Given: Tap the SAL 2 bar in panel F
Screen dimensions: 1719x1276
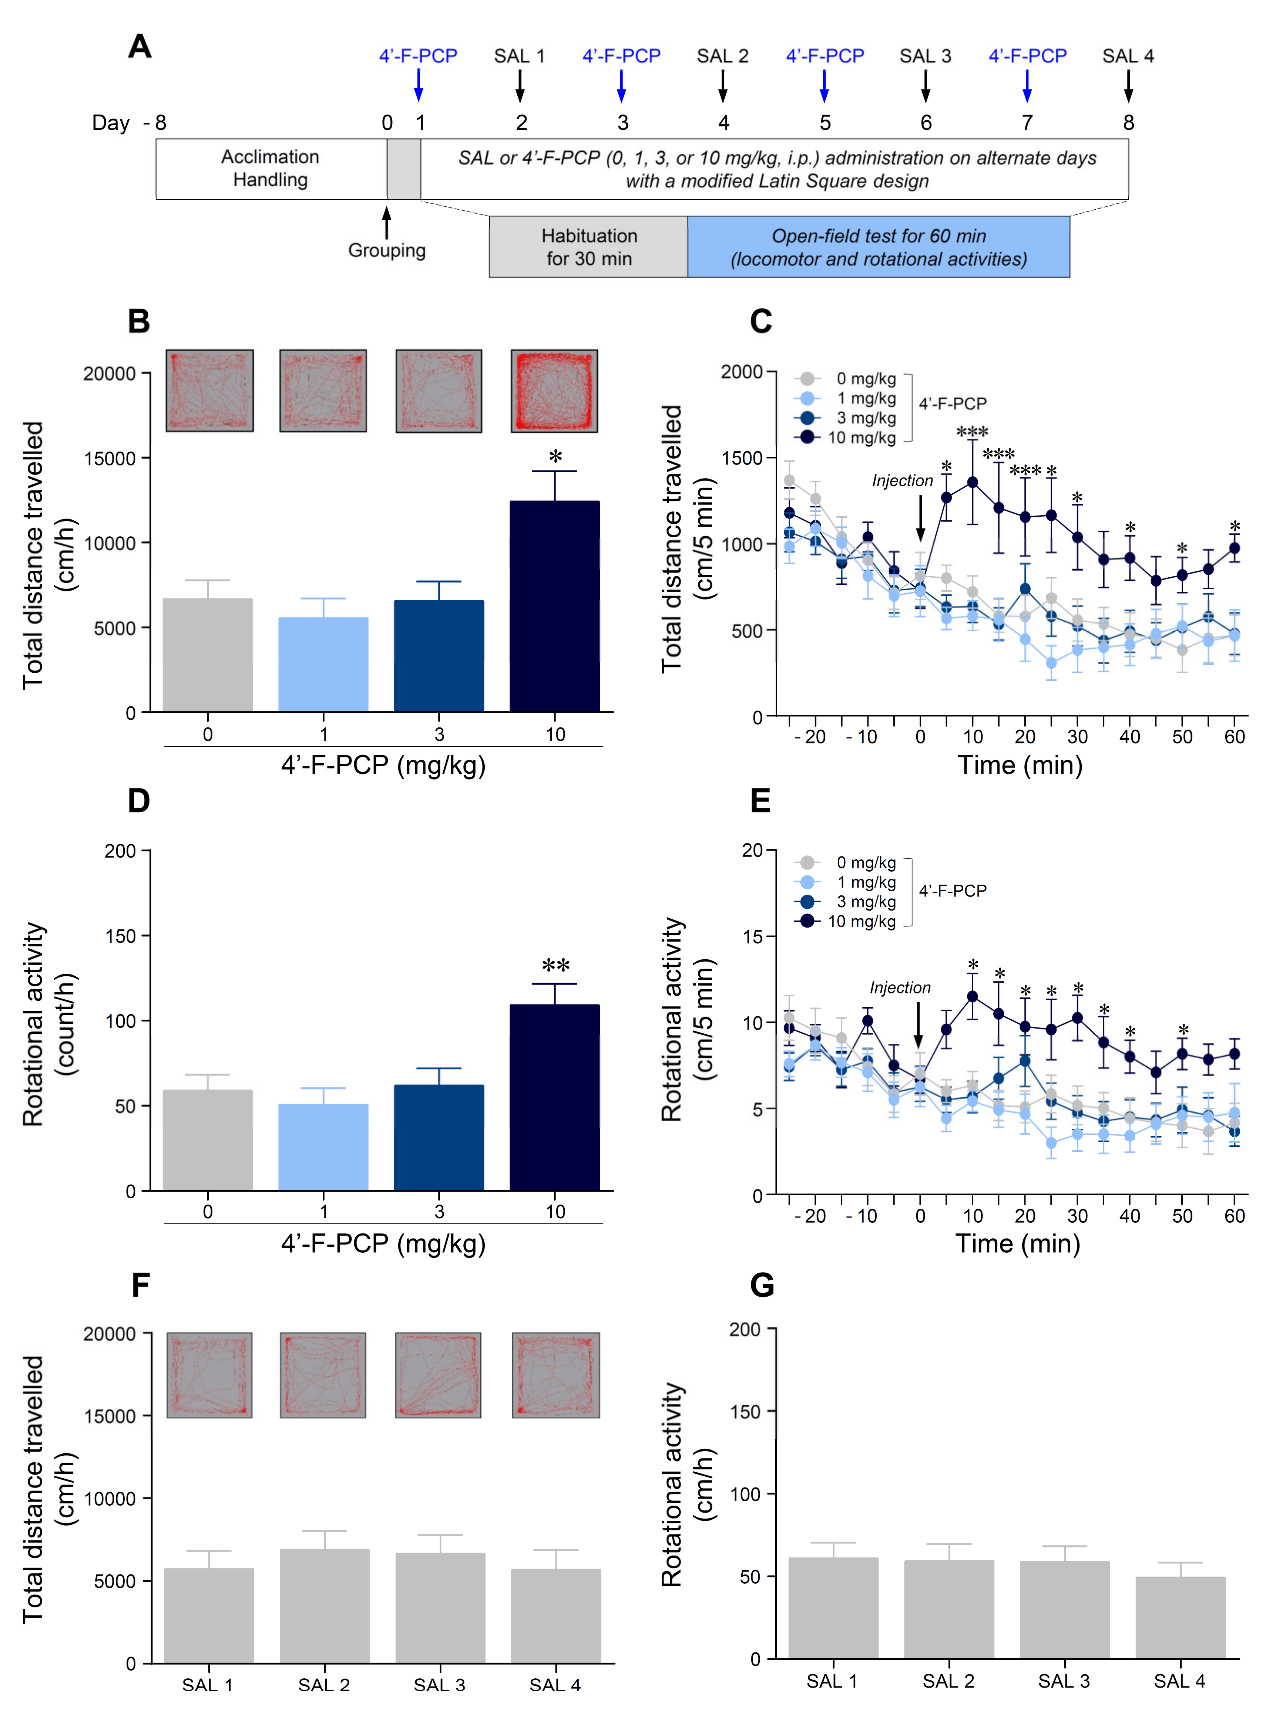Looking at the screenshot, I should coord(325,1605).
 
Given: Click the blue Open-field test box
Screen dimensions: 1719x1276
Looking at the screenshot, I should coord(878,247).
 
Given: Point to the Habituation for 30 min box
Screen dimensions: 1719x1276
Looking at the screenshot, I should coord(588,247).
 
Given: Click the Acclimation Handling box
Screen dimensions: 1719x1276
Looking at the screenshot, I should coord(271,168).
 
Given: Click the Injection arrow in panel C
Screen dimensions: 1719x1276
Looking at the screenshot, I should coord(920,519).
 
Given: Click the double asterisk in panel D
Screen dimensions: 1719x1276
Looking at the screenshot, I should coord(555,966).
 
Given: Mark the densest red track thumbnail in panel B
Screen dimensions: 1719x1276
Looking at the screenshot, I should coord(554,391).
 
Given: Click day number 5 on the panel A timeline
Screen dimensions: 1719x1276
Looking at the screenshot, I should coord(825,123).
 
